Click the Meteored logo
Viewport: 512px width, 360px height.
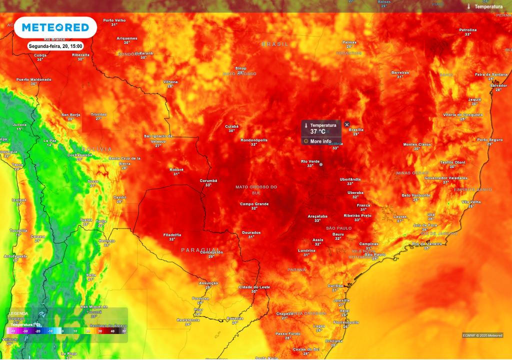pyautogui.click(x=55, y=27)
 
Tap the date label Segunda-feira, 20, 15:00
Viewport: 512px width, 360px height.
pyautogui.click(x=55, y=46)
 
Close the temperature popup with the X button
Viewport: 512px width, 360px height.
pyautogui.click(x=347, y=124)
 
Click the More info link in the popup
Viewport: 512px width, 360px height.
pyautogui.click(x=320, y=141)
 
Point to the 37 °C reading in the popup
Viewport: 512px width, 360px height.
pyautogui.click(x=318, y=131)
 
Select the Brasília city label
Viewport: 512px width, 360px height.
pyautogui.click(x=356, y=129)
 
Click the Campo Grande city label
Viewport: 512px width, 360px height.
pyautogui.click(x=254, y=204)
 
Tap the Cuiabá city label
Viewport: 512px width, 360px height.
pyautogui.click(x=231, y=126)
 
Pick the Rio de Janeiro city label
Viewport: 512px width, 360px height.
pyautogui.click(x=426, y=243)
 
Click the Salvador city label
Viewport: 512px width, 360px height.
pyautogui.click(x=498, y=85)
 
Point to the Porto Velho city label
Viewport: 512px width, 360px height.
pyautogui.click(x=114, y=20)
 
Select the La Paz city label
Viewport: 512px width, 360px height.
pyautogui.click(x=49, y=140)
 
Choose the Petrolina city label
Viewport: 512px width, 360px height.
pyautogui.click(x=467, y=30)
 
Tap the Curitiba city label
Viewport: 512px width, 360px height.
pyautogui.click(x=335, y=285)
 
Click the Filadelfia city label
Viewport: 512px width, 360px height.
pyautogui.click(x=172, y=234)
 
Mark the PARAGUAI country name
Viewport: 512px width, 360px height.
pyautogui.click(x=200, y=249)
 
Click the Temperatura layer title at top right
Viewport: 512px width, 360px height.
pyautogui.click(x=488, y=7)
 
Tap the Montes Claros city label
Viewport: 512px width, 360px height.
pyautogui.click(x=416, y=144)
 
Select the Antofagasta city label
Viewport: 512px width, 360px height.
pyautogui.click(x=15, y=256)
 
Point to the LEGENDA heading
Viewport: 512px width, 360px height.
pyautogui.click(x=19, y=313)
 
